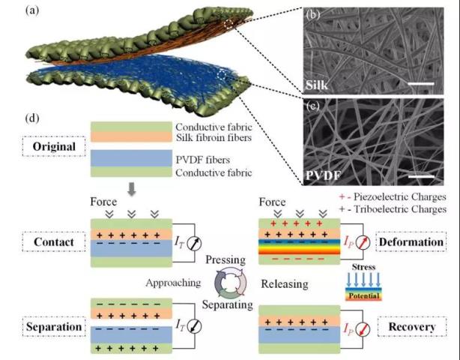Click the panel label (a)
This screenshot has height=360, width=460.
tap(32, 10)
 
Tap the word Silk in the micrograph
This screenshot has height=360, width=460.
tap(317, 85)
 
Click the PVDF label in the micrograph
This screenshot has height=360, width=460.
tap(324, 175)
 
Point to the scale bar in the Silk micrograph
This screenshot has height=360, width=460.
tap(421, 84)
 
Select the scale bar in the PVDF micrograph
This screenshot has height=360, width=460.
tap(421, 176)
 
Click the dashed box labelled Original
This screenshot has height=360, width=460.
tap(54, 146)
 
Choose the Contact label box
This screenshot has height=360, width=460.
tap(54, 242)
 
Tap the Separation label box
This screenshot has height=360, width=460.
tap(54, 326)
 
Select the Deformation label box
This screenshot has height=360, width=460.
tap(411, 241)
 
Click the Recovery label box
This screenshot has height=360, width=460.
tap(412, 326)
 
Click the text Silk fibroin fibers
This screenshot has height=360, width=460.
tap(214, 138)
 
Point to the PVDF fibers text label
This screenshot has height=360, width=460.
tap(203, 160)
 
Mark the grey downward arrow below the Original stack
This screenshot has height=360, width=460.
tap(132, 190)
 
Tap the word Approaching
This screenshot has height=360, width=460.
tap(173, 283)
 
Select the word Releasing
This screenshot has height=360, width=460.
tap(285, 284)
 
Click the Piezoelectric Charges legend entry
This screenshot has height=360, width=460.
tap(393, 196)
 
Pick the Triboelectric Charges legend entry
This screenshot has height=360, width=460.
tap(393, 209)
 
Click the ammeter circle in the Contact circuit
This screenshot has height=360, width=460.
tap(194, 243)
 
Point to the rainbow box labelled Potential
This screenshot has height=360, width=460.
tap(363, 294)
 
